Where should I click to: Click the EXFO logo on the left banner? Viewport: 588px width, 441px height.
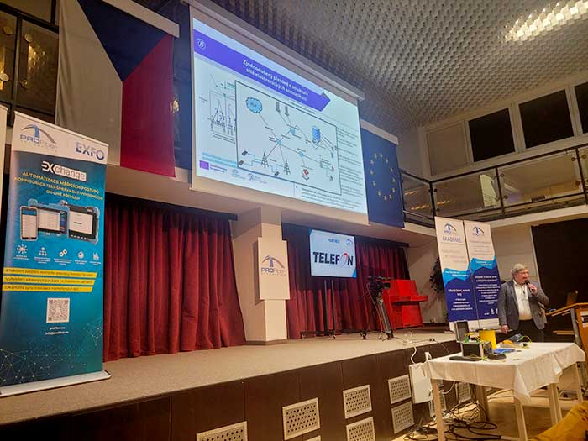(90, 151)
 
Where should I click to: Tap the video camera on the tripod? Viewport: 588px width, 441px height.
(378, 285)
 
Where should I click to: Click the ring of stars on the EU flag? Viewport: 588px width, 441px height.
(382, 177)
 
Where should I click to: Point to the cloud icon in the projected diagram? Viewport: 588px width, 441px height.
(254, 105)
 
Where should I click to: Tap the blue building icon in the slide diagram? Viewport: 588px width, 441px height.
(316, 135)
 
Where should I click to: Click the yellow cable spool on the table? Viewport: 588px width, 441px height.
(487, 339)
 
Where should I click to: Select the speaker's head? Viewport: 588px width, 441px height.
(519, 275)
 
